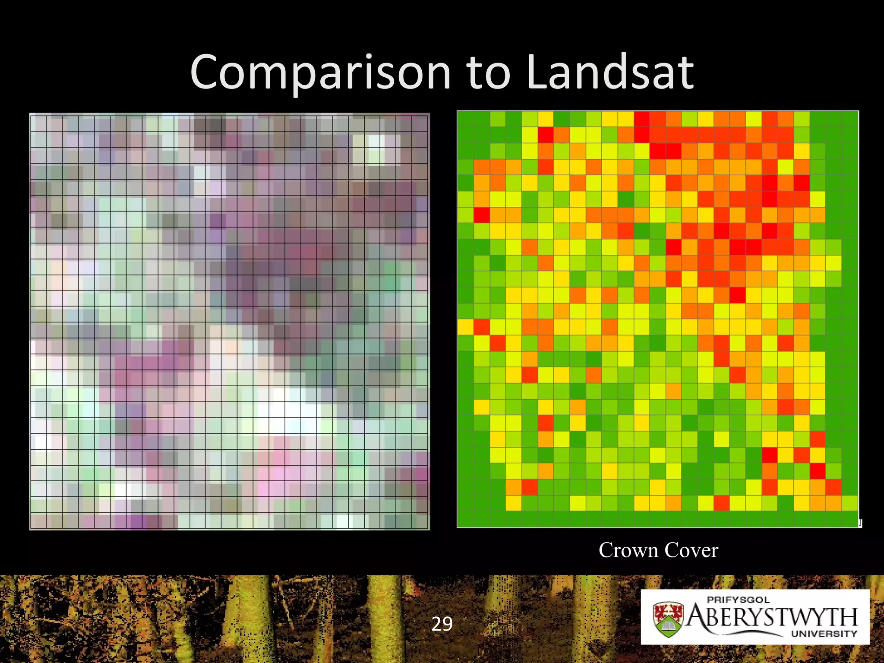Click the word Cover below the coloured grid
pos(691,550)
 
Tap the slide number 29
pos(442,624)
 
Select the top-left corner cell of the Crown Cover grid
pos(465,118)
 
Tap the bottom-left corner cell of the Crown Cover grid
pos(465,519)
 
